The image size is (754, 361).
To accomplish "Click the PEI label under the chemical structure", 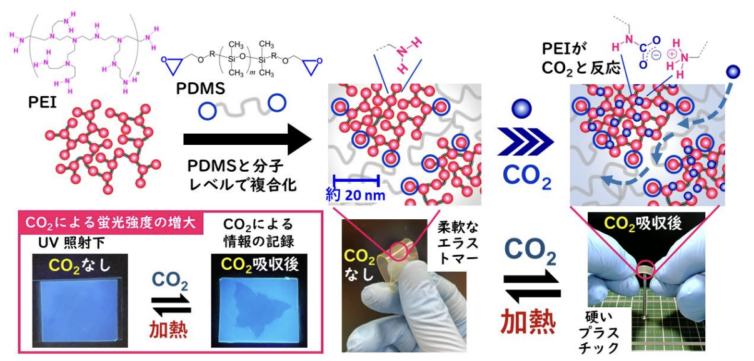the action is click(x=42, y=102).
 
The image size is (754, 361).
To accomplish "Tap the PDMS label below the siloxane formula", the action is click(x=201, y=89).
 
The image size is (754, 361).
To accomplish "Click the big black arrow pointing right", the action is click(x=248, y=139).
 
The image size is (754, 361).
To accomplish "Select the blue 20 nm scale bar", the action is click(x=356, y=180).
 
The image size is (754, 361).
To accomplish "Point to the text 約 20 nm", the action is click(x=356, y=195).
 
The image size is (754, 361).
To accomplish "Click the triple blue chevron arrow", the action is click(x=525, y=141).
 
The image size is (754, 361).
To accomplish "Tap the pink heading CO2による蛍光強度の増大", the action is click(x=111, y=222).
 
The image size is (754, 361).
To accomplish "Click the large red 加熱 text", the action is click(x=528, y=322).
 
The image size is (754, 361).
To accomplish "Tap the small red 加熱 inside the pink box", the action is click(x=168, y=329).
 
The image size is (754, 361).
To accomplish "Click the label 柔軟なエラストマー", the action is click(x=458, y=243).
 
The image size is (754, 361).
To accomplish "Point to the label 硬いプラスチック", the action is click(x=599, y=332).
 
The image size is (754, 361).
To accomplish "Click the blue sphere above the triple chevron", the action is click(x=522, y=109).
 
